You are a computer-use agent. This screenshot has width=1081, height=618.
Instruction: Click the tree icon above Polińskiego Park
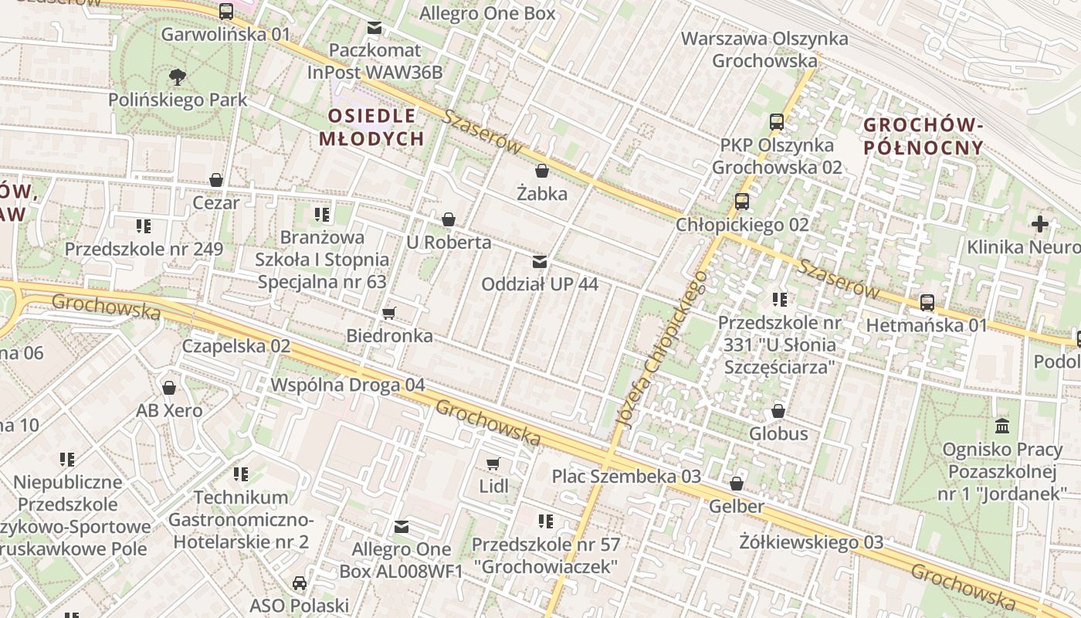[178, 76]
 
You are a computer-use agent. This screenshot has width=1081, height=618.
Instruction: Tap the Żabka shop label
[542, 193]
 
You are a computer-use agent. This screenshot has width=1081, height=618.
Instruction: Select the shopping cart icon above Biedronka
[389, 313]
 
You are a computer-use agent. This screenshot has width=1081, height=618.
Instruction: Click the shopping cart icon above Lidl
[493, 463]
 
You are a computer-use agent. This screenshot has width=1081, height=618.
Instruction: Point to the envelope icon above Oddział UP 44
[540, 261]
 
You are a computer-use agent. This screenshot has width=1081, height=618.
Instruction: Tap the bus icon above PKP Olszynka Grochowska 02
[777, 122]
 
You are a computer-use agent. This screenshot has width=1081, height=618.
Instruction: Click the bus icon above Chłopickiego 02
[742, 202]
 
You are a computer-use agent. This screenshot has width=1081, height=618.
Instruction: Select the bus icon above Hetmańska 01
[927, 302]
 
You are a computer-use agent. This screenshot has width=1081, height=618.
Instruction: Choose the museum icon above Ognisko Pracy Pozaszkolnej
[1002, 426]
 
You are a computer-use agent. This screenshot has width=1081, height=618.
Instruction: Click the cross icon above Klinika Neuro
[1040, 224]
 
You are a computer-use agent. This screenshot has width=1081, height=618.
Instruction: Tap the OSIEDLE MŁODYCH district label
[372, 127]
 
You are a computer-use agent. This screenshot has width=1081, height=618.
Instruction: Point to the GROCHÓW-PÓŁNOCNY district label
[923, 136]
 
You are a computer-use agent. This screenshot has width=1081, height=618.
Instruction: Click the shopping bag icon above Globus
[778, 410]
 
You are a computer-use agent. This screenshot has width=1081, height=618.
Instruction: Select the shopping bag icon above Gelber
[737, 484]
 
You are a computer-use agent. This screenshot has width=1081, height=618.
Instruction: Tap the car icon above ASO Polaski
[300, 582]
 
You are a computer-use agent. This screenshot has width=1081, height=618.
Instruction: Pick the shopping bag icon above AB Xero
[169, 387]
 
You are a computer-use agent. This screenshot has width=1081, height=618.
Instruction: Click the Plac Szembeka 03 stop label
[626, 476]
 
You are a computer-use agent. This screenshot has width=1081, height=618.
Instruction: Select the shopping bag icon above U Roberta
[449, 219]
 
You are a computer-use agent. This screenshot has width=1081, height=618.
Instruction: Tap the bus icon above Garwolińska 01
[226, 12]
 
